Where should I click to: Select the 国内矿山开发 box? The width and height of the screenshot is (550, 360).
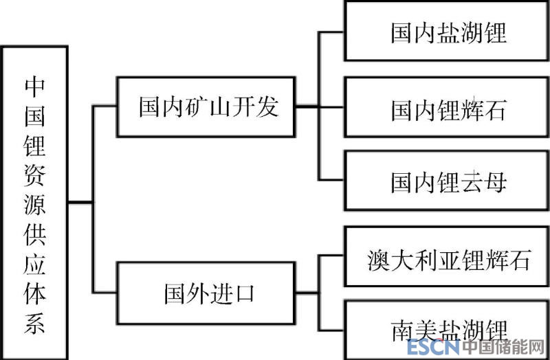point(207,107)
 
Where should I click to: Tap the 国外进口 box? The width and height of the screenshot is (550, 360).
point(207,293)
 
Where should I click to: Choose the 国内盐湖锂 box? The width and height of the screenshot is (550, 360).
point(447,32)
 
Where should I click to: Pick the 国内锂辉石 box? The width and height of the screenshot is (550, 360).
point(447,107)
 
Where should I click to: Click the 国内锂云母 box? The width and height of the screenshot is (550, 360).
point(447,181)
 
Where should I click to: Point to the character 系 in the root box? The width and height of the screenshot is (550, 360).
point(34,323)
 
